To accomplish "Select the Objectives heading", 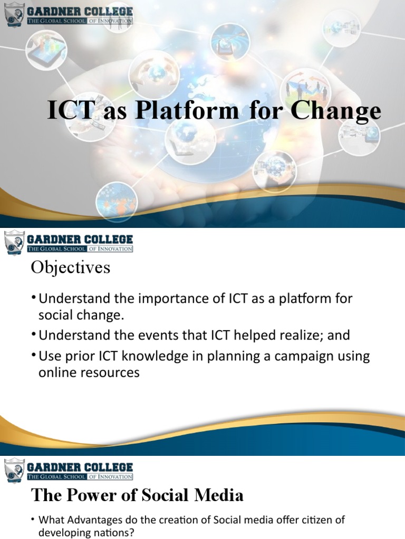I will coord(71,268).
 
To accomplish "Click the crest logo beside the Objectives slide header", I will coord(15,242).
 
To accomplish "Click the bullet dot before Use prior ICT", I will coord(34,356).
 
